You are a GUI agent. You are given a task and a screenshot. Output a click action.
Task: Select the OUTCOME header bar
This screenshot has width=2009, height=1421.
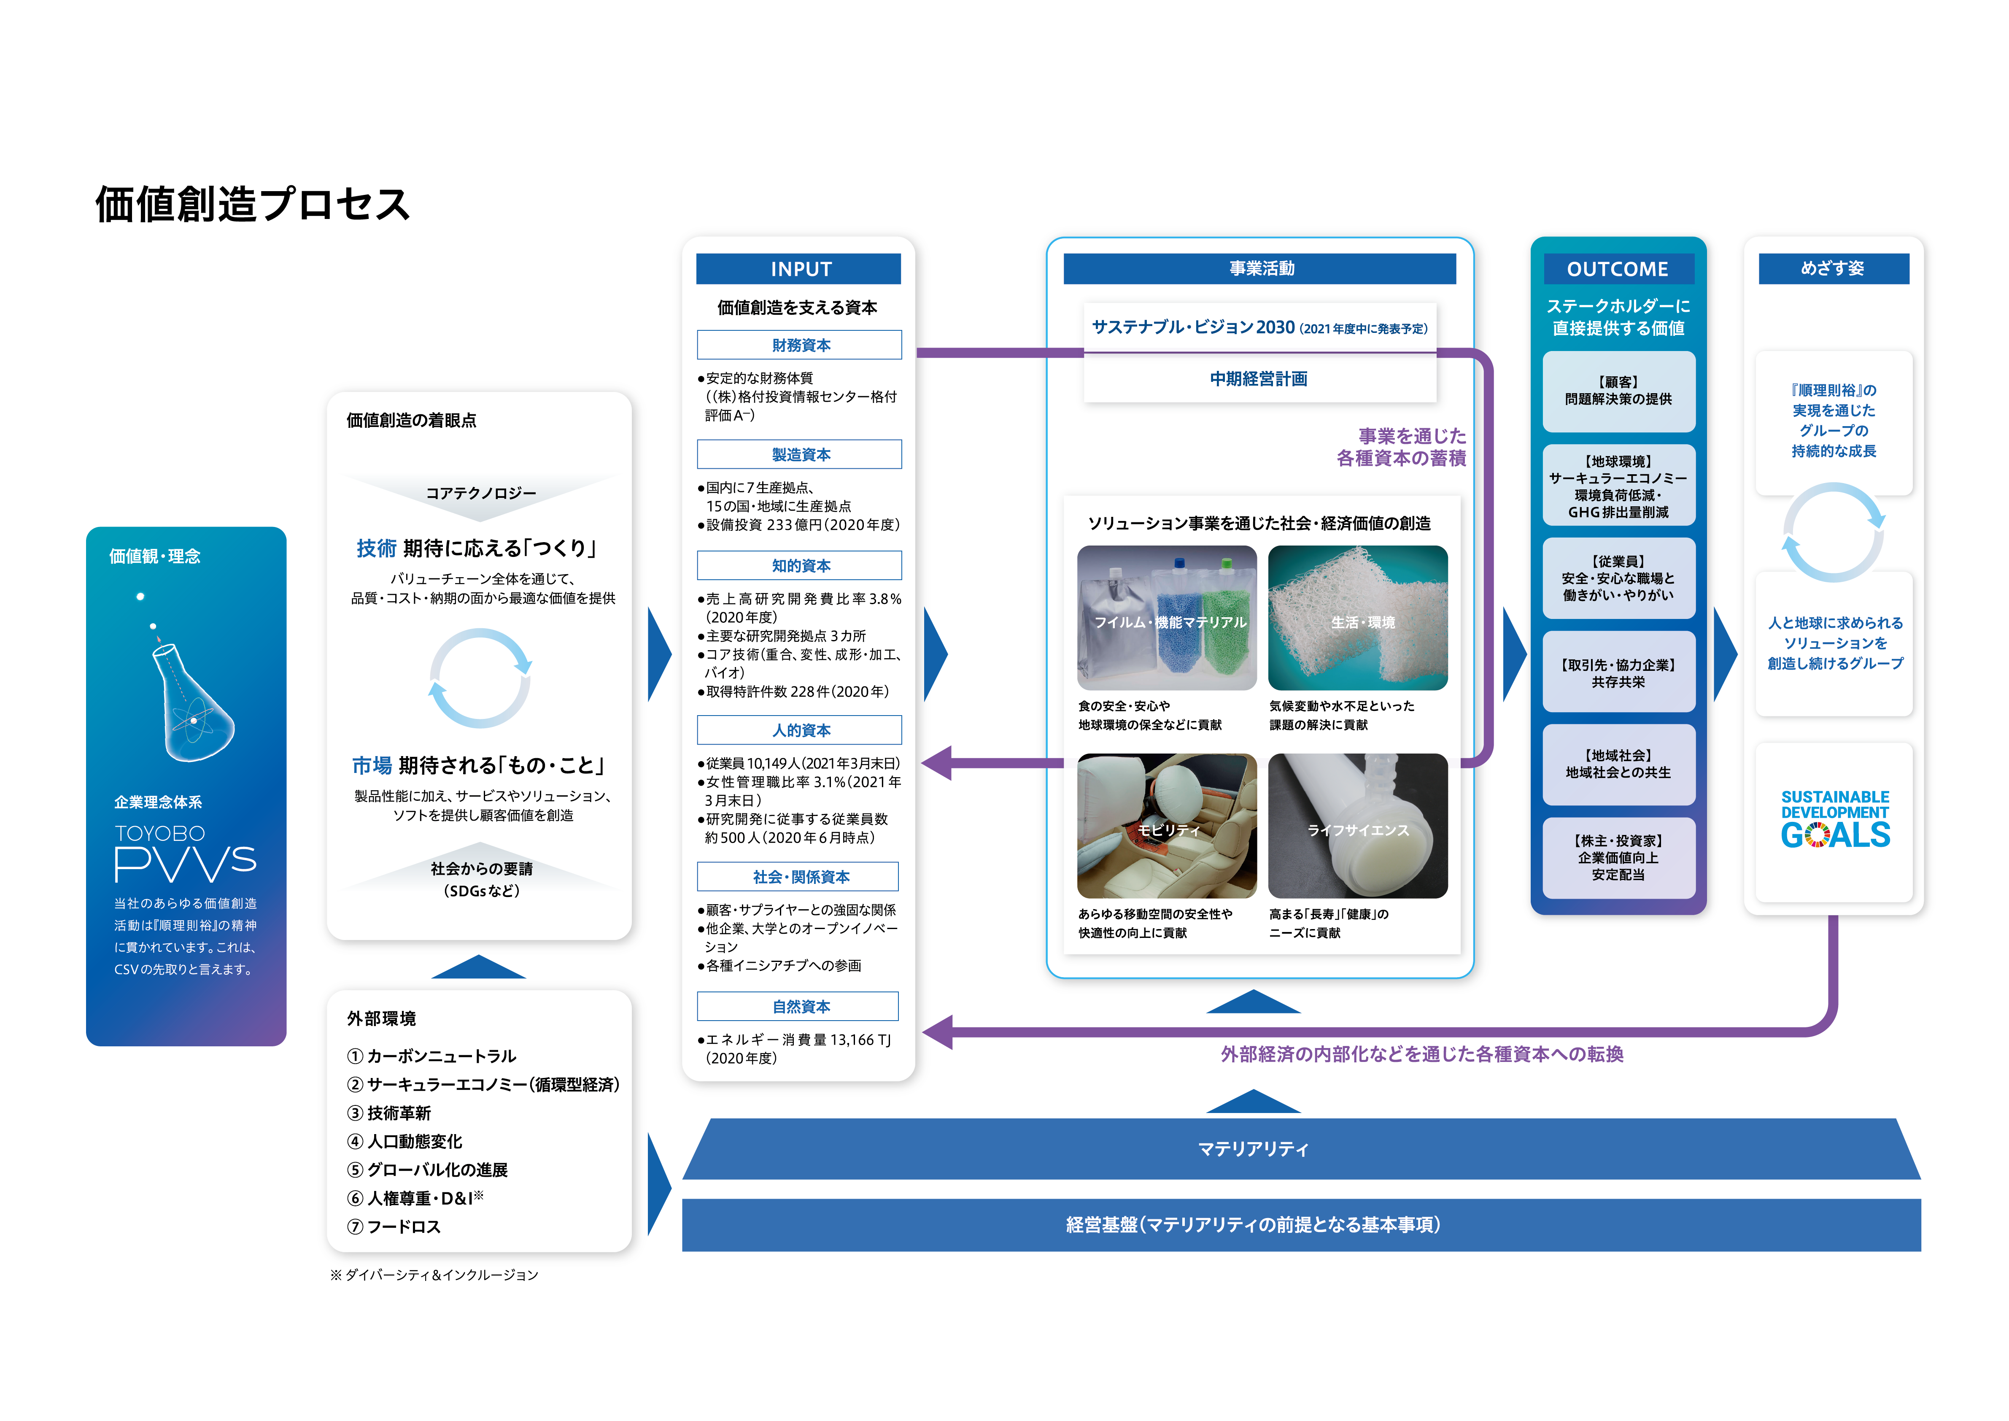pyautogui.click(x=1618, y=269)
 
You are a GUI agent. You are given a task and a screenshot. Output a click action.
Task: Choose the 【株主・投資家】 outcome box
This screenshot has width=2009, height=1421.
pyautogui.click(x=1618, y=857)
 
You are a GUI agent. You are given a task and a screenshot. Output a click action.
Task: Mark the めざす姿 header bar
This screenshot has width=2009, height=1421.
pyautogui.click(x=1833, y=269)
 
